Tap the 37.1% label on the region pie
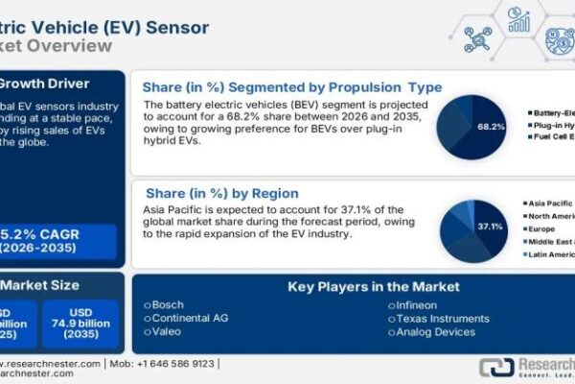pos(490,226)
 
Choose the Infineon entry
pos(413,303)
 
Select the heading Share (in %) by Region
pos(222,193)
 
